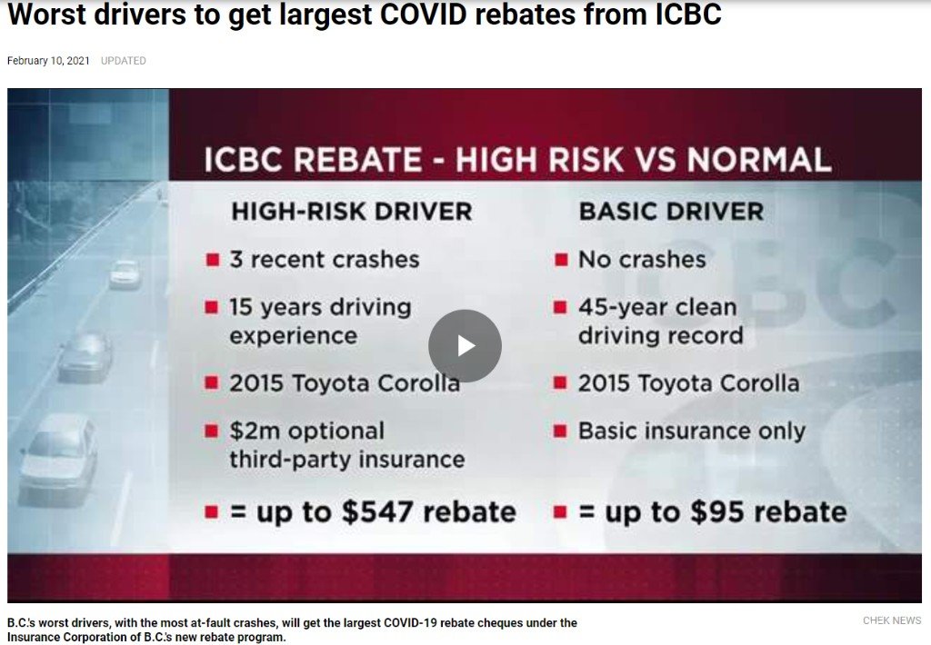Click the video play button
coord(465,346)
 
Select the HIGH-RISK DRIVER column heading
coord(352,212)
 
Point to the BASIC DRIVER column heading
coord(671,212)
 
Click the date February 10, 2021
coord(48,61)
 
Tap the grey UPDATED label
coord(123,61)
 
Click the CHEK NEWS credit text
coord(892,620)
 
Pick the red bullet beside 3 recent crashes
coord(213,260)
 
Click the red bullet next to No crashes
coord(561,260)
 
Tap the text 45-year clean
coord(657,307)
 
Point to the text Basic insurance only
coord(692,432)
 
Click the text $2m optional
coord(307,432)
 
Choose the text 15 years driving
coord(320,307)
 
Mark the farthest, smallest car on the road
coord(125,273)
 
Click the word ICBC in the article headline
coord(688,15)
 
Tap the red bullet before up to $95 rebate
coord(560,512)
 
